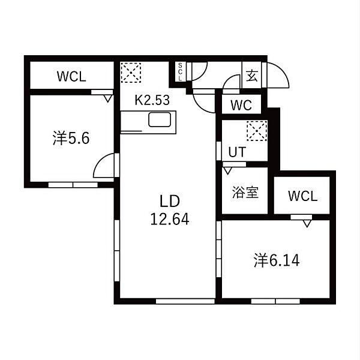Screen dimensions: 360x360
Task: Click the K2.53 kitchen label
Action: (x=152, y=100)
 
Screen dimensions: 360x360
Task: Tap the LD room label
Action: (x=170, y=201)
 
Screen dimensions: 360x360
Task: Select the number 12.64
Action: (x=170, y=219)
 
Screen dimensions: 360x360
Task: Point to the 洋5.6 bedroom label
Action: (x=71, y=138)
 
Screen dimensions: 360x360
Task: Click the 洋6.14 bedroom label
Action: (x=277, y=260)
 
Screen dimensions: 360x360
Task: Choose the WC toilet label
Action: (x=241, y=106)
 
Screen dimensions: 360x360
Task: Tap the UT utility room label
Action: (x=237, y=152)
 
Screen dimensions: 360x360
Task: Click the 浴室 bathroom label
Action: (x=245, y=193)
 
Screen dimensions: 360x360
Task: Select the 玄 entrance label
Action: (x=251, y=76)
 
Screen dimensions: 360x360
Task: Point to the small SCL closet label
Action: (x=180, y=71)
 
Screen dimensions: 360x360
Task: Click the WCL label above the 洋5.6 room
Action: (x=71, y=76)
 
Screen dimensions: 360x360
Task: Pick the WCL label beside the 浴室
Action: (x=303, y=196)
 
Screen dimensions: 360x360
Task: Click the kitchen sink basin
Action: (x=160, y=119)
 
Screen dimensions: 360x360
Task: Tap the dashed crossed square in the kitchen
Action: (x=131, y=73)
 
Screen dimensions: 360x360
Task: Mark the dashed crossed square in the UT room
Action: (x=257, y=131)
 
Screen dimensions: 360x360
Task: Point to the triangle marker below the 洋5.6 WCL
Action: (x=107, y=99)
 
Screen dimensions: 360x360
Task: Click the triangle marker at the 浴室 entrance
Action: (x=228, y=171)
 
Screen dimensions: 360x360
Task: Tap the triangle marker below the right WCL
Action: (x=307, y=224)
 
